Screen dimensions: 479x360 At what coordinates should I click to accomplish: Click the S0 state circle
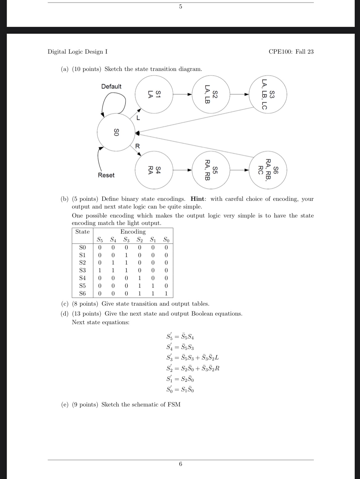point(116,132)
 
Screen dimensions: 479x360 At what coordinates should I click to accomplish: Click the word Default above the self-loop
point(111,87)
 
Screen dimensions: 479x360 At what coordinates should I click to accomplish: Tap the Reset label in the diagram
point(106,175)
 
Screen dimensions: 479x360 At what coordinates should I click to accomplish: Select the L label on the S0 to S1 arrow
point(138,118)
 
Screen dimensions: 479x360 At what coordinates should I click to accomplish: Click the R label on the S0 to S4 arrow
point(138,146)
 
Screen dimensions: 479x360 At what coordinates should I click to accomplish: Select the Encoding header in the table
point(133,232)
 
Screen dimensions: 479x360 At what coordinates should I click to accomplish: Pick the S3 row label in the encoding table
point(83,270)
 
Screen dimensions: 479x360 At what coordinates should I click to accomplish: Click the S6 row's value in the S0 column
point(166,293)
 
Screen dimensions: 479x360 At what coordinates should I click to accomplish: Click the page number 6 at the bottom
point(180,464)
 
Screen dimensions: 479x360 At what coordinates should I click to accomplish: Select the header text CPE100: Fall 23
point(291,52)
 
